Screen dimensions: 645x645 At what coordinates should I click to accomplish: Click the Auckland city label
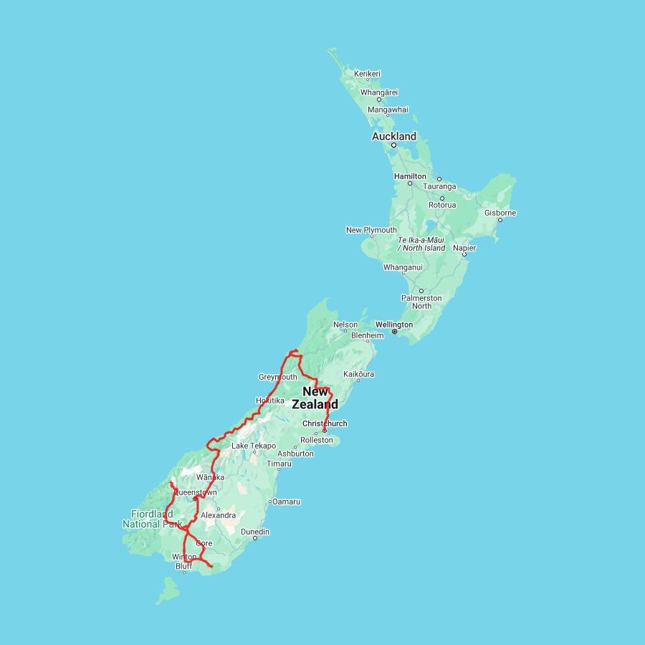click(393, 136)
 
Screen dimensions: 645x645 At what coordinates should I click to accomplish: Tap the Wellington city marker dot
click(394, 332)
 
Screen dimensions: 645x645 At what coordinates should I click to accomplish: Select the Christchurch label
click(325, 424)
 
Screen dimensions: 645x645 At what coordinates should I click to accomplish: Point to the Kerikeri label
click(367, 74)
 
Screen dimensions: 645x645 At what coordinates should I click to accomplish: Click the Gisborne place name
click(500, 213)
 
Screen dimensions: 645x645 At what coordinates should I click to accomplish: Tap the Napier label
click(464, 247)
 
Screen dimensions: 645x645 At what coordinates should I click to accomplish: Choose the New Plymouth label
click(371, 230)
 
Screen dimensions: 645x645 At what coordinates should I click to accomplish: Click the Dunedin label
click(255, 532)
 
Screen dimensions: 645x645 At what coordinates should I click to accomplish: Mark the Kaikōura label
click(359, 374)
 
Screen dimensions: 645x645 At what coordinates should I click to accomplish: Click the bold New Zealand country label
click(315, 398)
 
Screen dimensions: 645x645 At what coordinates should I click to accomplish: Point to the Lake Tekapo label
click(253, 446)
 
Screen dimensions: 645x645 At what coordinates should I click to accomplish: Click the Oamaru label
click(286, 502)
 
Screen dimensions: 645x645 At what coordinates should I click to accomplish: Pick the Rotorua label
click(441, 205)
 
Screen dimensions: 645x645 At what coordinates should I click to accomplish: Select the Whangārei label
click(379, 92)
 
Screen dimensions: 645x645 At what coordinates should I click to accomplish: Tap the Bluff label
click(183, 566)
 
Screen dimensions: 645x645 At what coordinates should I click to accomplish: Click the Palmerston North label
click(421, 302)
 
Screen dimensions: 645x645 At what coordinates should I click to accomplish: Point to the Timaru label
click(279, 464)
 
